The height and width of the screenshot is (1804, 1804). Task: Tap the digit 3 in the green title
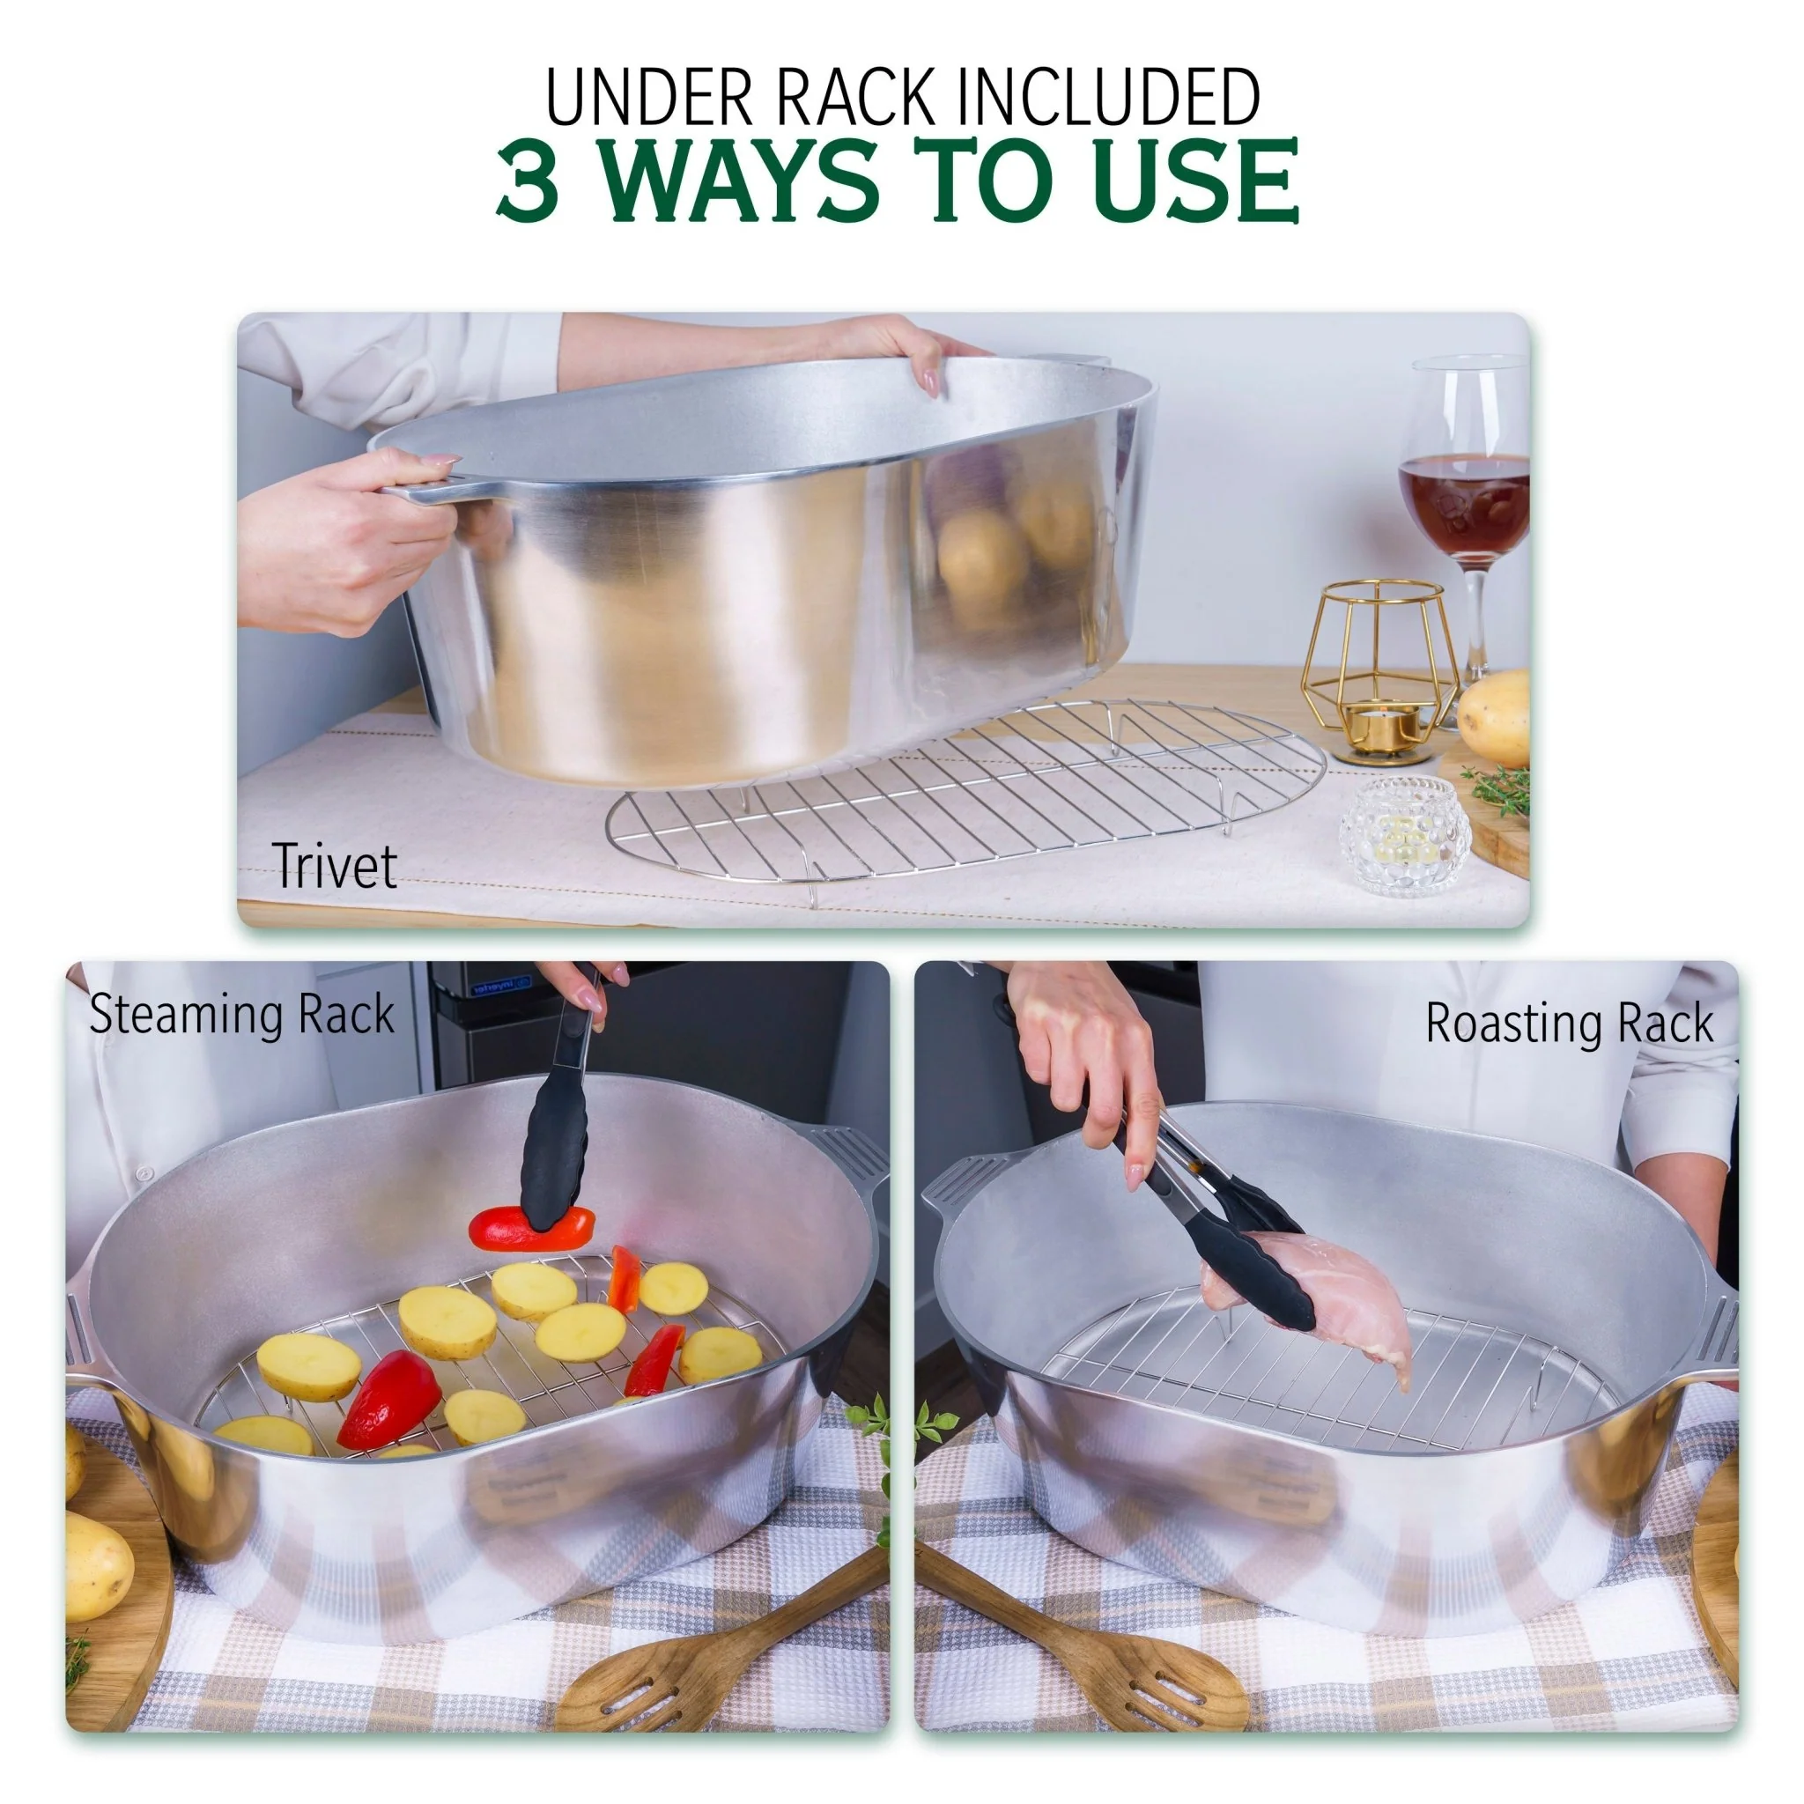[x=529, y=181]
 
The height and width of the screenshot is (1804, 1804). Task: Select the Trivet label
[x=334, y=867]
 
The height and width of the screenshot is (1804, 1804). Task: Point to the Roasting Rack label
[x=1569, y=1024]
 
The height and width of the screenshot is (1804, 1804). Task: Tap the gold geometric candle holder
[x=1380, y=668]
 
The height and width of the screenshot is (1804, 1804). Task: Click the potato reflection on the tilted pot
[x=980, y=560]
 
